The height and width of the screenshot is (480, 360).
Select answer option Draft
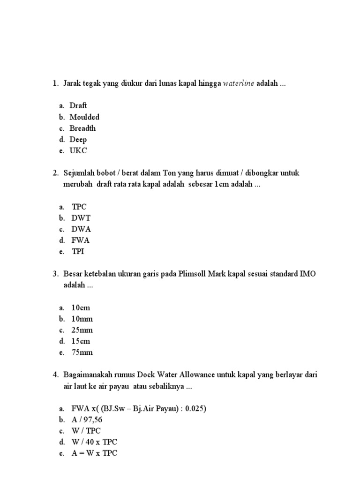[78, 105]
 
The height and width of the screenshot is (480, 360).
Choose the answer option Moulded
[84, 117]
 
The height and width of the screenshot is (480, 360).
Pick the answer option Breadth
[82, 128]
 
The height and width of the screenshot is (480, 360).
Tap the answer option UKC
[78, 150]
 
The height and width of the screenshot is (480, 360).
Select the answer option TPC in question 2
[79, 207]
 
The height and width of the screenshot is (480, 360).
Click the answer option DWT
[81, 218]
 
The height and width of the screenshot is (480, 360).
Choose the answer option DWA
[81, 229]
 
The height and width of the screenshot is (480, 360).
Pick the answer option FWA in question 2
[81, 240]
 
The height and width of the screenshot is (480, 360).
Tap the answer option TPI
[78, 252]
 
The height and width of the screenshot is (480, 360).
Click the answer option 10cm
[81, 308]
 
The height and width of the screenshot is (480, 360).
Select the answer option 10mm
[82, 319]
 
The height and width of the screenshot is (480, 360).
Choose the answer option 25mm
[82, 330]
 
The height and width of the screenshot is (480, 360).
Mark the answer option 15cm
[81, 342]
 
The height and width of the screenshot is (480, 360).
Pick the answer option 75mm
[82, 353]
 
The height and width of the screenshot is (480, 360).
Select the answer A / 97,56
[90, 420]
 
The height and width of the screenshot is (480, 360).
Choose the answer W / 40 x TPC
[94, 442]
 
